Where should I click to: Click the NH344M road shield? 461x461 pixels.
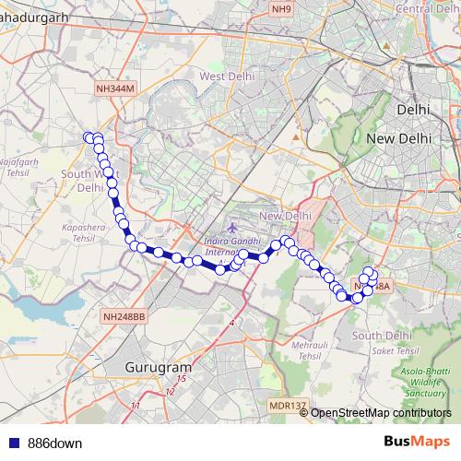[114, 88]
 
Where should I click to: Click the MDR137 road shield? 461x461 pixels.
[288, 406]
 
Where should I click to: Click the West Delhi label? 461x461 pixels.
[226, 77]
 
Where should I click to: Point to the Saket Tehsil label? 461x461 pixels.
[396, 351]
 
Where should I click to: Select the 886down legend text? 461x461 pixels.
[54, 443]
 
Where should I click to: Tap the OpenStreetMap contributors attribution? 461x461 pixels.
[382, 413]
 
